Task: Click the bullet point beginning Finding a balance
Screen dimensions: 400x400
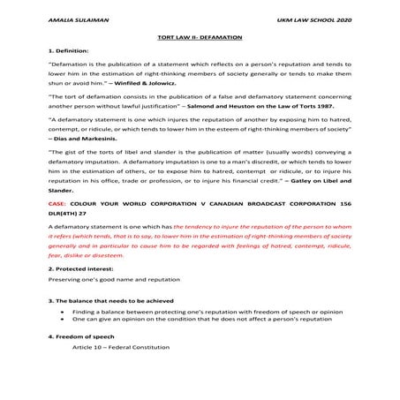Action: pos(203,337)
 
